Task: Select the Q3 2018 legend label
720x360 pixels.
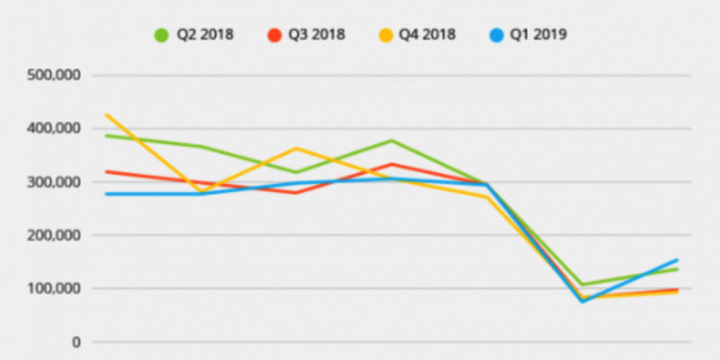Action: [x=319, y=35]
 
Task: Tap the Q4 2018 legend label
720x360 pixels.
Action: [x=428, y=35]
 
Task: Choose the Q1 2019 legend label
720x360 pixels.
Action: [x=537, y=35]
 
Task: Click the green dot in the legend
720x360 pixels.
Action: [x=162, y=35]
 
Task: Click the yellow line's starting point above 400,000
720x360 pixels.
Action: [x=107, y=115]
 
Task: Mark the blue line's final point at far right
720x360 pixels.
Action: [x=678, y=259]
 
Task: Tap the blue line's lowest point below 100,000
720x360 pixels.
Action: [x=583, y=301]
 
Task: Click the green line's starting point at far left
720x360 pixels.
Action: [x=107, y=135]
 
